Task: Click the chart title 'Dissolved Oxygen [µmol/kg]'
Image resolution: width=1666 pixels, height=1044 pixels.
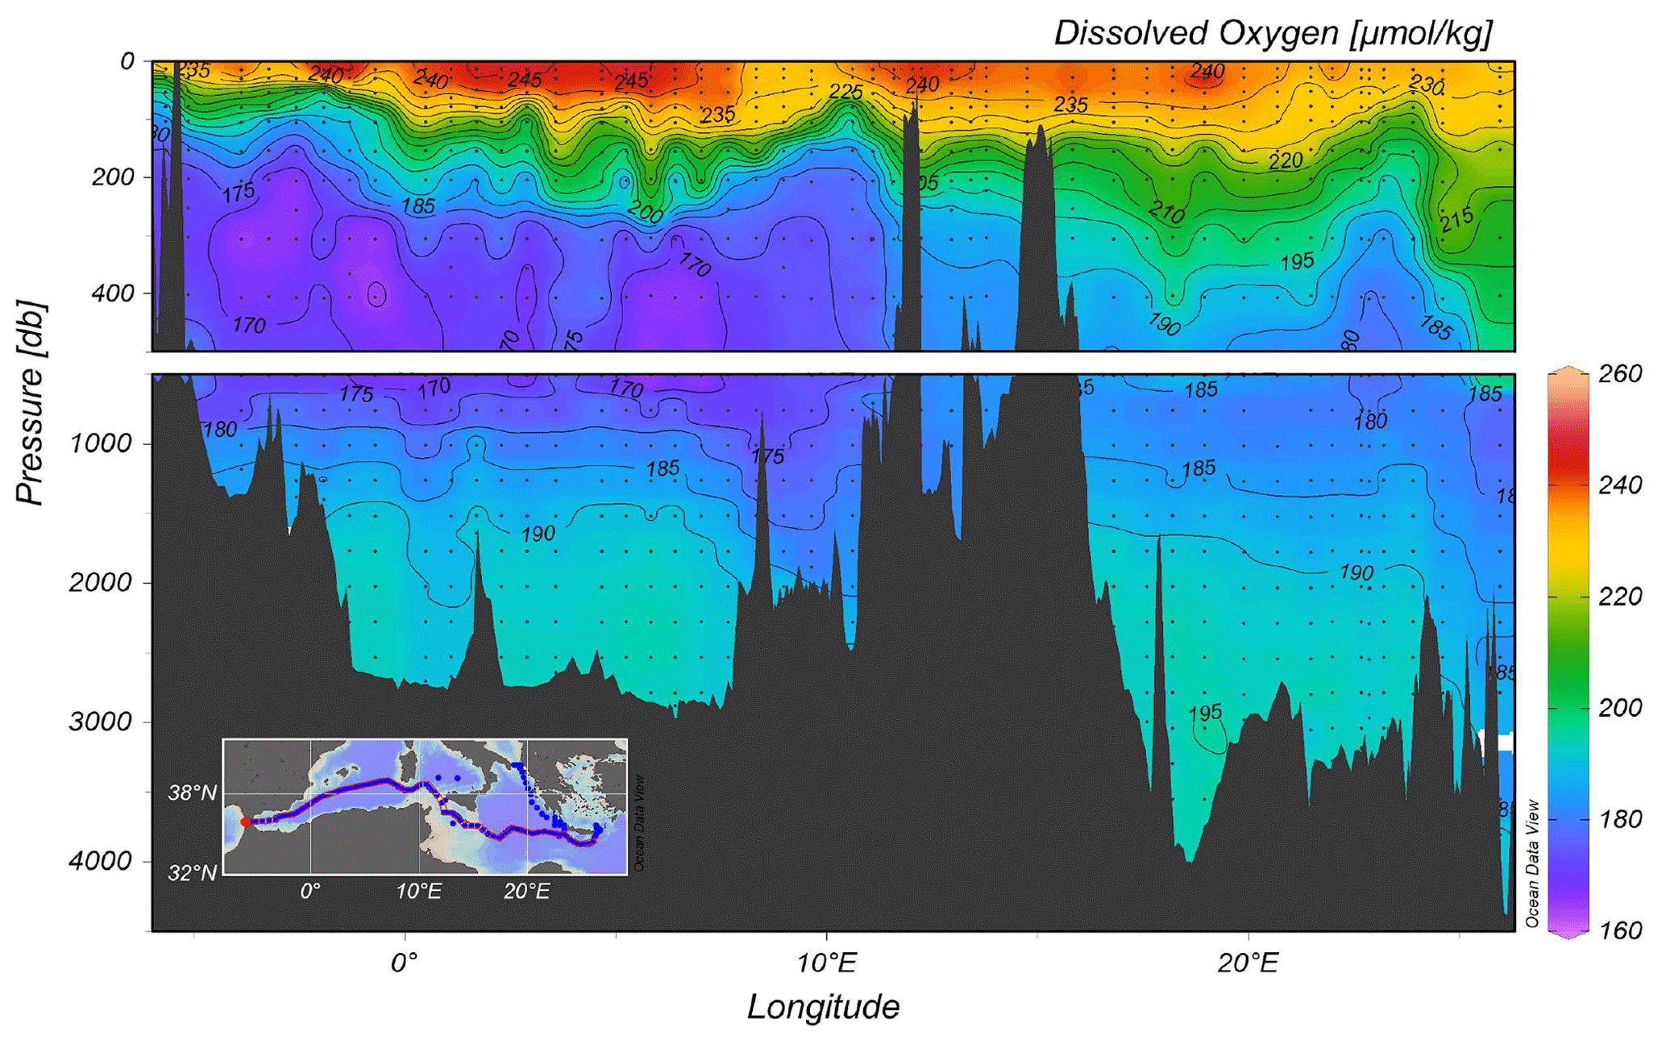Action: (x=1273, y=34)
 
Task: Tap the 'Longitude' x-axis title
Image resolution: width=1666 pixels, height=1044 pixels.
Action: (x=823, y=1007)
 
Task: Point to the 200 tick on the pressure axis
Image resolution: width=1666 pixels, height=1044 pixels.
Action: (x=113, y=177)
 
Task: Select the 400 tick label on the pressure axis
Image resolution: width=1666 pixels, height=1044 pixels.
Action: (x=113, y=293)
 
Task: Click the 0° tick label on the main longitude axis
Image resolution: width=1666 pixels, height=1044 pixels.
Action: (x=405, y=963)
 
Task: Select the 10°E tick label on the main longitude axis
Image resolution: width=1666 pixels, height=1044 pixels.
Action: (x=827, y=963)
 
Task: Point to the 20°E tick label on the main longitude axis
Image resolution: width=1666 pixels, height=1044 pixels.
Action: (x=1248, y=963)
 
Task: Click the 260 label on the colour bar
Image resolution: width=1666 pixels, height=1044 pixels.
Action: (x=1620, y=374)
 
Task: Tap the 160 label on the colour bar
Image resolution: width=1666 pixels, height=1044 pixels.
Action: (x=1620, y=931)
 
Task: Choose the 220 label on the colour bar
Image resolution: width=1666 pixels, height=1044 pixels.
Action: (x=1620, y=597)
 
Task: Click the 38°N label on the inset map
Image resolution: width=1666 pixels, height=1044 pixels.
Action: (x=192, y=793)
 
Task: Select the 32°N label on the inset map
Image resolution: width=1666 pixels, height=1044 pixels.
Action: (x=192, y=872)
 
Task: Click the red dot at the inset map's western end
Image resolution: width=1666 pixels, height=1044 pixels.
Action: (x=245, y=821)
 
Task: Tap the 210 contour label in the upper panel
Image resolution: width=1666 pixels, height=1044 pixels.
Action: (x=1165, y=213)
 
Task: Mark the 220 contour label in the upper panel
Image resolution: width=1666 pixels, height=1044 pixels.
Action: (x=1286, y=161)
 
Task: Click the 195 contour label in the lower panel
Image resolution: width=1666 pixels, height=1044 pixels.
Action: (x=1205, y=713)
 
